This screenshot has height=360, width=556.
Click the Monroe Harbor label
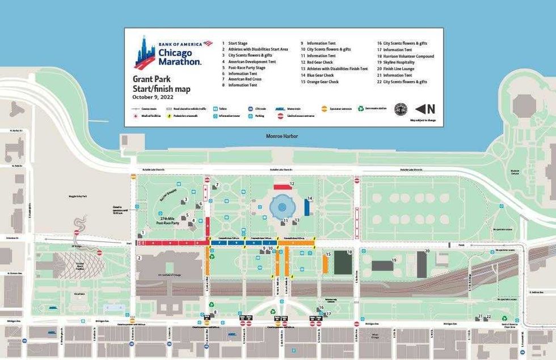pyautogui.click(x=282, y=137)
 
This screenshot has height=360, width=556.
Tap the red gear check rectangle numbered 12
pyautogui.click(x=282, y=187)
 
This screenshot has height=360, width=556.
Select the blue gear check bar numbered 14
pyautogui.click(x=307, y=208)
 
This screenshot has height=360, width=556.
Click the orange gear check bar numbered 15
pyautogui.click(x=326, y=264)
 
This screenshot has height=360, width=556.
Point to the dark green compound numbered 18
pyautogui.click(x=343, y=262)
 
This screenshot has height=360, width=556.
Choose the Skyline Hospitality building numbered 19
pyautogui.click(x=382, y=265)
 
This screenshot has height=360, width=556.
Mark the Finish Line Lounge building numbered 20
pyautogui.click(x=422, y=264)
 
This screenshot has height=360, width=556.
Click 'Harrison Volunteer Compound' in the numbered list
pyautogui.click(x=408, y=57)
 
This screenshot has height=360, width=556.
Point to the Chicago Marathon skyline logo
pyautogui.click(x=145, y=53)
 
